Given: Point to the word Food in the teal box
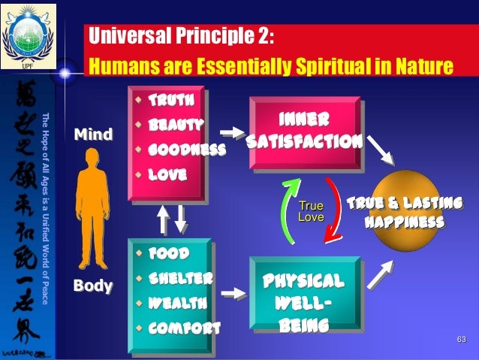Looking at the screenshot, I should [167, 254].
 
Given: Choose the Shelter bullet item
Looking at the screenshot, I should [181, 279].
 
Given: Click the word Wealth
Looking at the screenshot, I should [177, 303].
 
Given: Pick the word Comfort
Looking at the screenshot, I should [183, 328].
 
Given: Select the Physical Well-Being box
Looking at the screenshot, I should [304, 303].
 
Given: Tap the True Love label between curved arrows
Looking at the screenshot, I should [311, 212].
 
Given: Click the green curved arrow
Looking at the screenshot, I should [286, 211].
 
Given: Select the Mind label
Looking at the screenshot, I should [92, 135].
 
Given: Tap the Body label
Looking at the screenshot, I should [92, 286].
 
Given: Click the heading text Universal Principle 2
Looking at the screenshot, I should [180, 36].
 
